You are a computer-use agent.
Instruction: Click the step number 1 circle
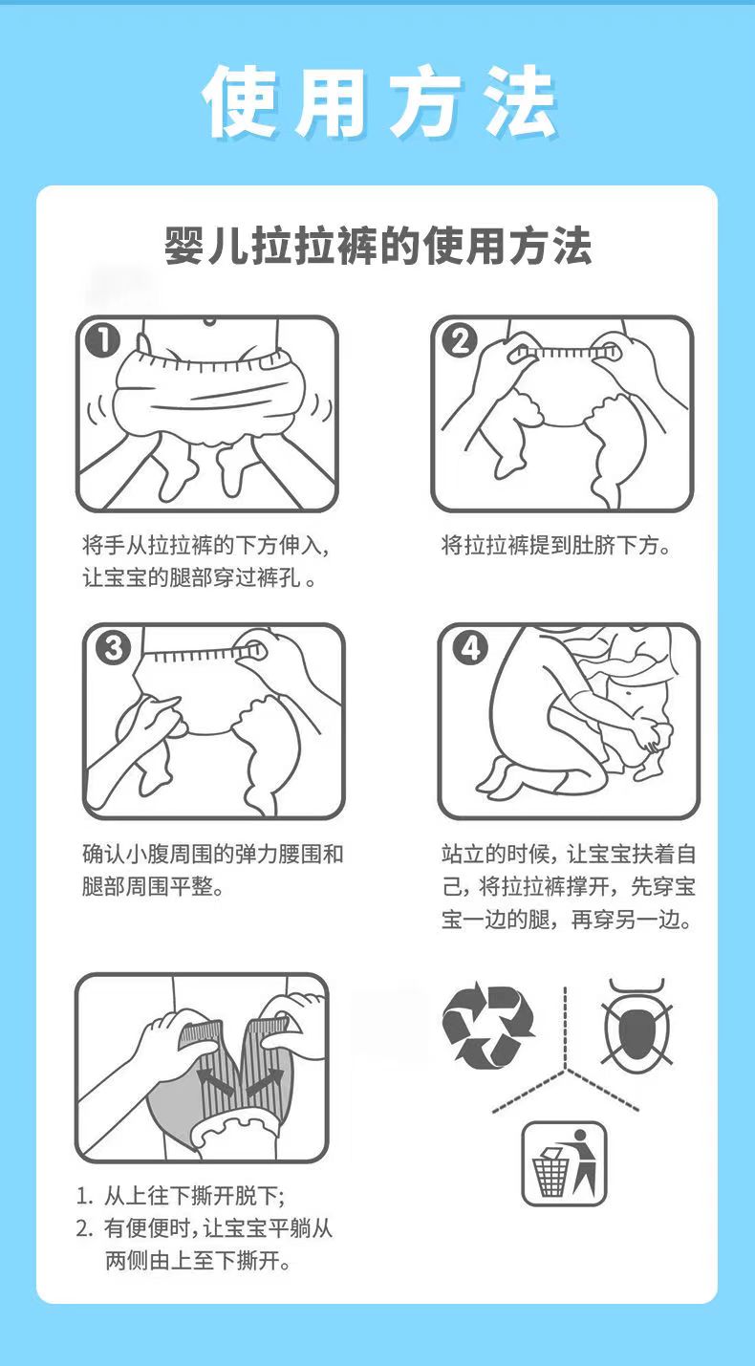tap(103, 341)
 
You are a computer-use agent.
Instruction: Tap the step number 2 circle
tap(460, 341)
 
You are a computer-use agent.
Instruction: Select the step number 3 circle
tap(114, 648)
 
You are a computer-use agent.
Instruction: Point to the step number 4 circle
tap(469, 648)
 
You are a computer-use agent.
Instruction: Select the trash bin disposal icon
tap(564, 1163)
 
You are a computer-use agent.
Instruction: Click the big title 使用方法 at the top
tap(379, 101)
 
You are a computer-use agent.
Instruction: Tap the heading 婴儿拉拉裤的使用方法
tap(378, 246)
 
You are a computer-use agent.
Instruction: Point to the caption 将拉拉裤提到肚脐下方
tap(555, 545)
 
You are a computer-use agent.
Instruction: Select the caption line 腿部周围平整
tap(153, 886)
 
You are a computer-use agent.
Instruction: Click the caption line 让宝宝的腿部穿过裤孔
tap(199, 577)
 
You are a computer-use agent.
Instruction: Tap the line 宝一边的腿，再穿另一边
tap(567, 919)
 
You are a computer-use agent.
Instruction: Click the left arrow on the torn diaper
tap(213, 1081)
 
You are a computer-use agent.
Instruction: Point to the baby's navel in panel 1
tap(209, 321)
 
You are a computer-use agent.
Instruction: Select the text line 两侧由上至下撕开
tap(198, 1261)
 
